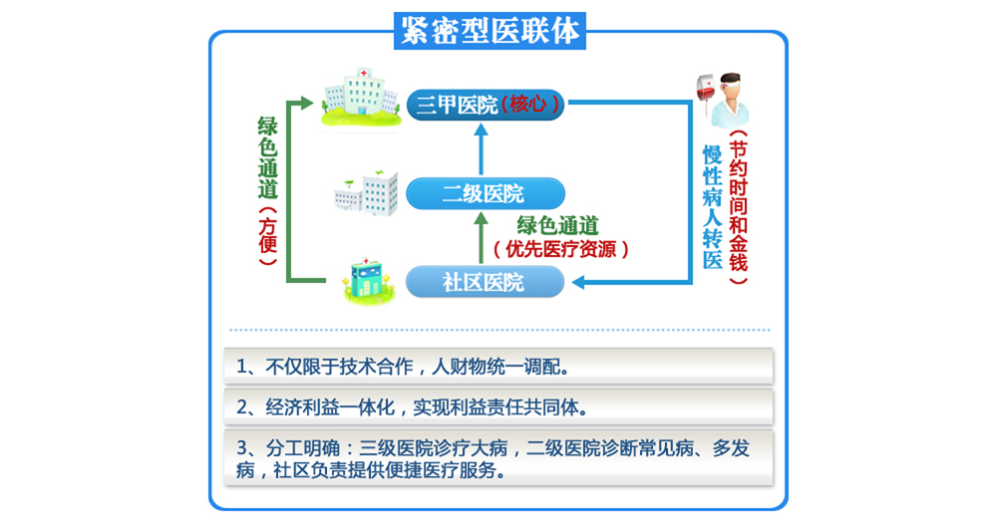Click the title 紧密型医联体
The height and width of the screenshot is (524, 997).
(490, 31)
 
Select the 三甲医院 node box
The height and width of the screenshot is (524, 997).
(486, 105)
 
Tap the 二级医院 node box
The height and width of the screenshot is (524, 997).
(486, 193)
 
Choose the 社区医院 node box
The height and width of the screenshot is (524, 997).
(486, 282)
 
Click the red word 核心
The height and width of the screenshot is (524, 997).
(527, 104)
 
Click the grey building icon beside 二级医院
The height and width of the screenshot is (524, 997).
(367, 193)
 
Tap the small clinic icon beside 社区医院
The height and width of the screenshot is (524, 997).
(367, 280)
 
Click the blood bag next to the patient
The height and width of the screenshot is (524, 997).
(706, 92)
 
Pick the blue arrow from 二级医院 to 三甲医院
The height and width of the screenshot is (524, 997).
(482, 149)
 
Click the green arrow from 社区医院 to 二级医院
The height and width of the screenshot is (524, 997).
(482, 237)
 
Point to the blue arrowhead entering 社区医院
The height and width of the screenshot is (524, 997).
(578, 282)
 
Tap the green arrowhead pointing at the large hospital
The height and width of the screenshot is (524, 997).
(307, 103)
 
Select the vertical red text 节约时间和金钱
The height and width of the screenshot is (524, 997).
(738, 206)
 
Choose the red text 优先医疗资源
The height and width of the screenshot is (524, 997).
(560, 250)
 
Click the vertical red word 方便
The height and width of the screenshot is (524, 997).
(267, 236)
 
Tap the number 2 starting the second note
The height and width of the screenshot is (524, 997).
(241, 407)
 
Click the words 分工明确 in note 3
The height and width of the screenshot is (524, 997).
(303, 448)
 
